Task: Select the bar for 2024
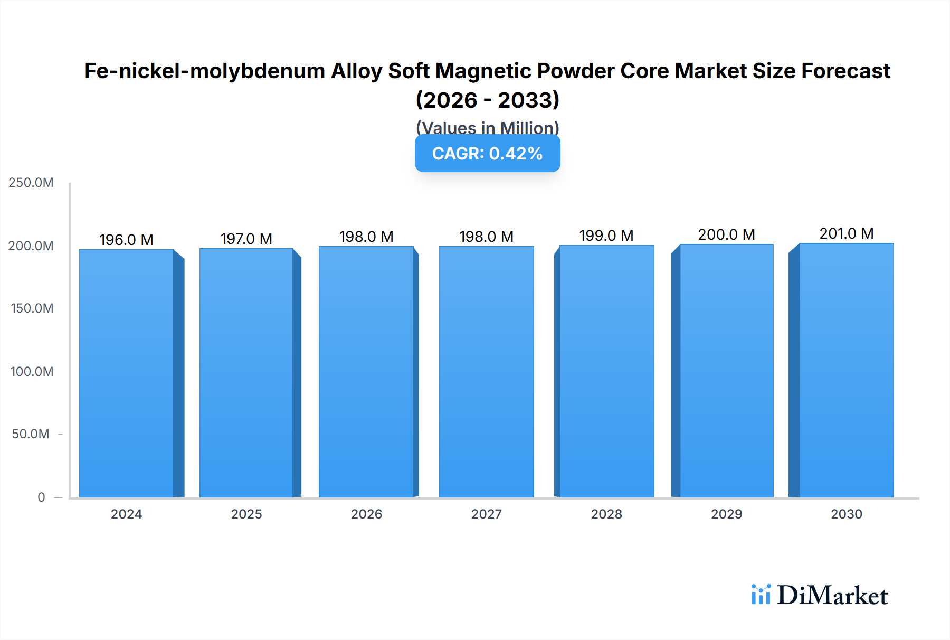(127, 373)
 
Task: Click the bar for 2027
(486, 372)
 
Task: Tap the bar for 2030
(846, 370)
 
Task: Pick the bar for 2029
(726, 371)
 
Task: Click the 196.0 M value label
(126, 240)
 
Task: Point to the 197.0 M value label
(246, 239)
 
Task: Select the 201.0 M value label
(846, 233)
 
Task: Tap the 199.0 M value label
(606, 236)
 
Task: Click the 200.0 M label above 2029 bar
(726, 234)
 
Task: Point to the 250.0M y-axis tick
(31, 183)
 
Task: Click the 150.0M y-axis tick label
(32, 308)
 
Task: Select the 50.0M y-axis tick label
(31, 434)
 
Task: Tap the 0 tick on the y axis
(41, 497)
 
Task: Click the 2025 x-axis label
(246, 514)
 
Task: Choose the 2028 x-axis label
(606, 514)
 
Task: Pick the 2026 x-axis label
(366, 514)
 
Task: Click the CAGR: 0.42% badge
(487, 154)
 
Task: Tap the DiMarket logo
(820, 595)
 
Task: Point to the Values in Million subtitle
(487, 128)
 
